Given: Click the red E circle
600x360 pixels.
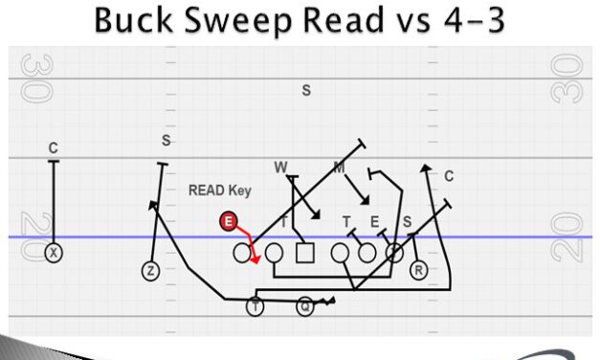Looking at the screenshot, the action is (228, 222).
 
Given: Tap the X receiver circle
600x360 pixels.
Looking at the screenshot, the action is (54, 253).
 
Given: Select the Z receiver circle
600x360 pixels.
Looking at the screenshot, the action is (150, 271).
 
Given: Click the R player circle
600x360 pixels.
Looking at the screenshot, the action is (418, 271).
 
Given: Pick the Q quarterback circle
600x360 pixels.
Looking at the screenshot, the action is (304, 306).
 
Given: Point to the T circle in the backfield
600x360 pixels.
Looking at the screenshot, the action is (255, 306).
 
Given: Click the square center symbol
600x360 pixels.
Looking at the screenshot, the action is (305, 254).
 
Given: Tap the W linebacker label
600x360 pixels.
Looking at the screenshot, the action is (280, 168).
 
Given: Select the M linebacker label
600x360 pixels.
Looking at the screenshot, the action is (339, 168).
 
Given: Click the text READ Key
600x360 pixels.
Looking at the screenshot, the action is (219, 191).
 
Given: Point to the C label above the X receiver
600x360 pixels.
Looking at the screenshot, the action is (54, 148).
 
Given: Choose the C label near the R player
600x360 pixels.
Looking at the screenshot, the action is (448, 176).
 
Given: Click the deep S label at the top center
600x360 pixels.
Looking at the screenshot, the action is (306, 91).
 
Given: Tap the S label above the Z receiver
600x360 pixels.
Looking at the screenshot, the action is (166, 141).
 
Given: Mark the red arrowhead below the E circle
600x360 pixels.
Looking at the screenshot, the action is (256, 259).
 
